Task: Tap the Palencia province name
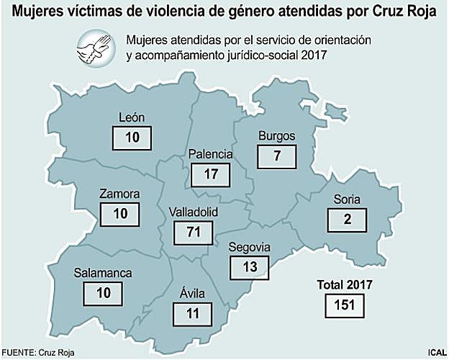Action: [x=210, y=154]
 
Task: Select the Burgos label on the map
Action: [x=276, y=137]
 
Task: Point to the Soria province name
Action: [x=347, y=199]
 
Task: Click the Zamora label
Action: [x=120, y=194]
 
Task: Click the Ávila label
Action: [x=192, y=293]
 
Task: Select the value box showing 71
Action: [x=193, y=232]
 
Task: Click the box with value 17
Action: [x=210, y=174]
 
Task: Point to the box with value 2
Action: [x=347, y=220]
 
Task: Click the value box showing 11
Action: [x=192, y=313]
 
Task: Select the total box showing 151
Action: [x=345, y=305]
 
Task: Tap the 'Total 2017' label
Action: [x=345, y=285]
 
